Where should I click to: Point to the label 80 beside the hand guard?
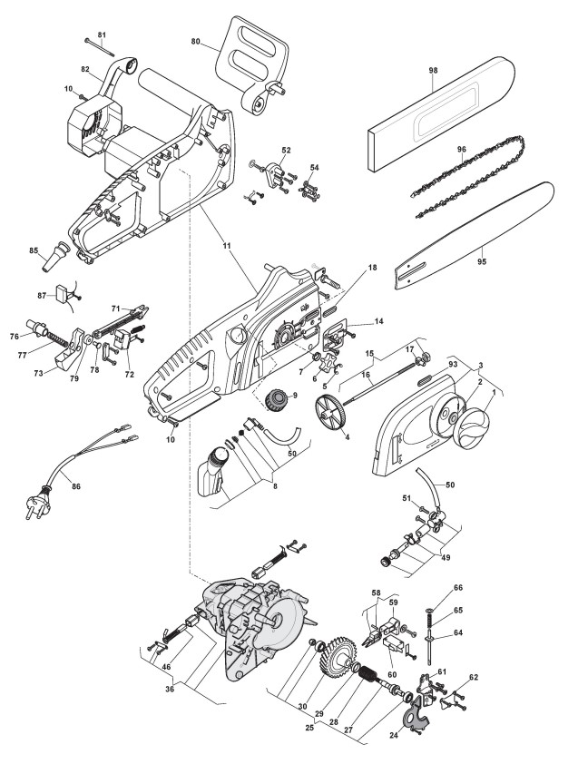coord(194,41)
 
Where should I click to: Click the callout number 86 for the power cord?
coord(76,487)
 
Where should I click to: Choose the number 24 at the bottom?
coord(392,733)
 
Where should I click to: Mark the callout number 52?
coord(286,149)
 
